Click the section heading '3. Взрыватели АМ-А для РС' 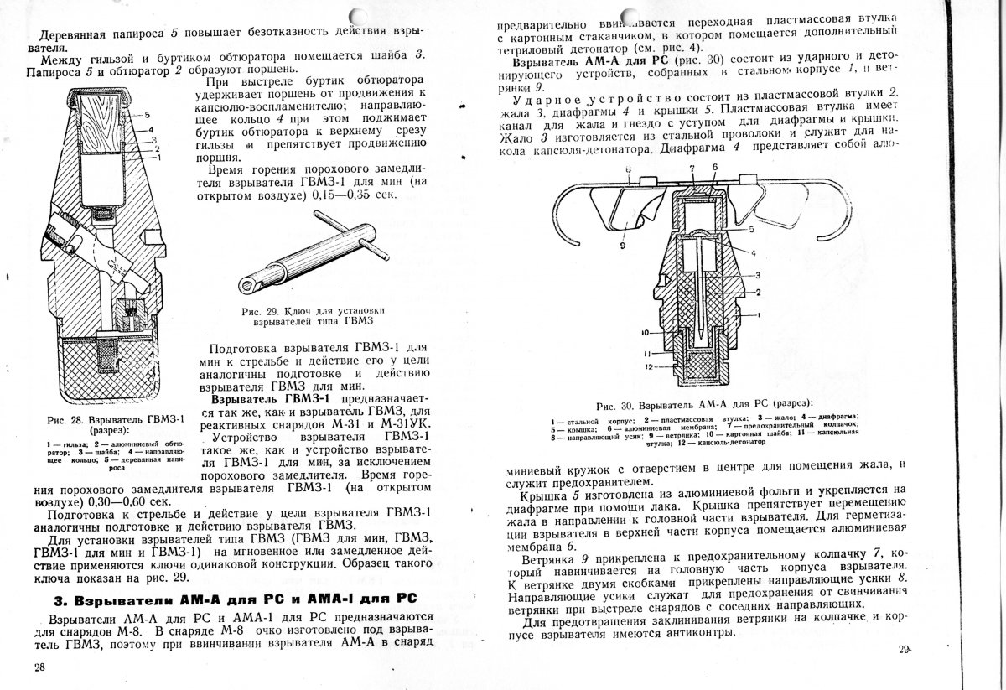235,600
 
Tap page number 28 39,666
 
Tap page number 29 904,648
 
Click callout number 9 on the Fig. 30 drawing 623,246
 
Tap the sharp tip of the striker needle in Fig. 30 697,335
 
